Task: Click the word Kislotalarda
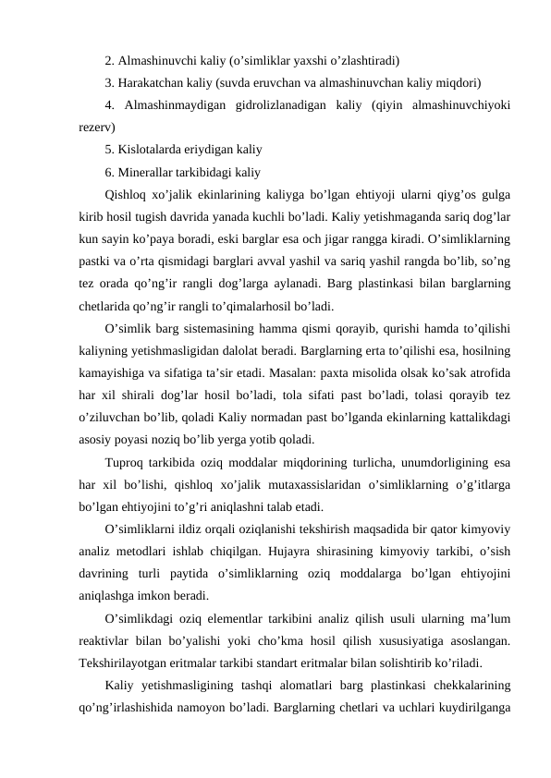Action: point(153,149)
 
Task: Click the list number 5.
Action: point(109,149)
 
